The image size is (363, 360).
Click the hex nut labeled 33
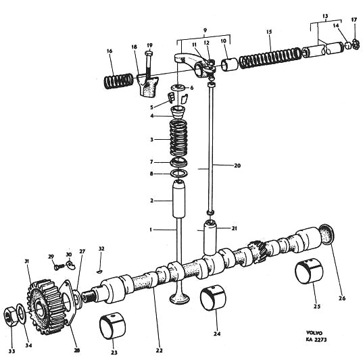(x=10, y=316)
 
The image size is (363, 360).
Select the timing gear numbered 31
(x=45, y=307)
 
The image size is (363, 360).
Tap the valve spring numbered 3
(x=178, y=138)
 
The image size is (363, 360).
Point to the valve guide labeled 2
(x=179, y=199)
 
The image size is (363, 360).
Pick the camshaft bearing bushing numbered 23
(x=112, y=326)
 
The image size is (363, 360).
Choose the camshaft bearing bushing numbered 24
(x=213, y=299)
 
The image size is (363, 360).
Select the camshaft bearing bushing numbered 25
(x=309, y=272)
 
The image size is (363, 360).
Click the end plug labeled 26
(x=327, y=234)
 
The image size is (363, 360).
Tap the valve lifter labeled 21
(x=210, y=238)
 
